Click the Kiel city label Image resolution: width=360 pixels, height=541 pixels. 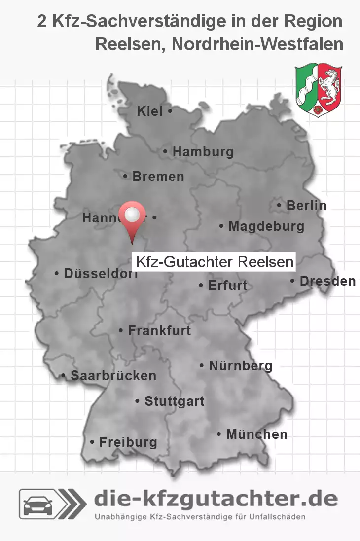[149, 112]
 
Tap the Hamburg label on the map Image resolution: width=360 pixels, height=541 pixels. [203, 152]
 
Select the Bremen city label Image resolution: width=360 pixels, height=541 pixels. [158, 176]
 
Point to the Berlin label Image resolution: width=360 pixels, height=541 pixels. [306, 205]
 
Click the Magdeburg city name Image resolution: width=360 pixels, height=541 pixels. [266, 227]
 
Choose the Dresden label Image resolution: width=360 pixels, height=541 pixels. [327, 281]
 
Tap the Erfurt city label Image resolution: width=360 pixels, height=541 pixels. [227, 286]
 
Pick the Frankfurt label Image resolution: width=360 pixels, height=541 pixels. [159, 330]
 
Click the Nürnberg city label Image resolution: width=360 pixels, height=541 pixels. [240, 366]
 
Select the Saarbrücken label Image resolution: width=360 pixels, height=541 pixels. [113, 376]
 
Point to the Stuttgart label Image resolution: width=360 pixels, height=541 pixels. [174, 401]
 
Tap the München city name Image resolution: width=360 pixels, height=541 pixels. [256, 434]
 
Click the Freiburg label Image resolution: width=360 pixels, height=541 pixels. [128, 442]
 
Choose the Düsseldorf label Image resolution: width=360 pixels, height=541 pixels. [101, 274]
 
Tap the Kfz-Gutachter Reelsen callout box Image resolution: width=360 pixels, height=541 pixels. [214, 262]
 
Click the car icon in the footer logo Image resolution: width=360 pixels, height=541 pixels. [40, 505]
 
